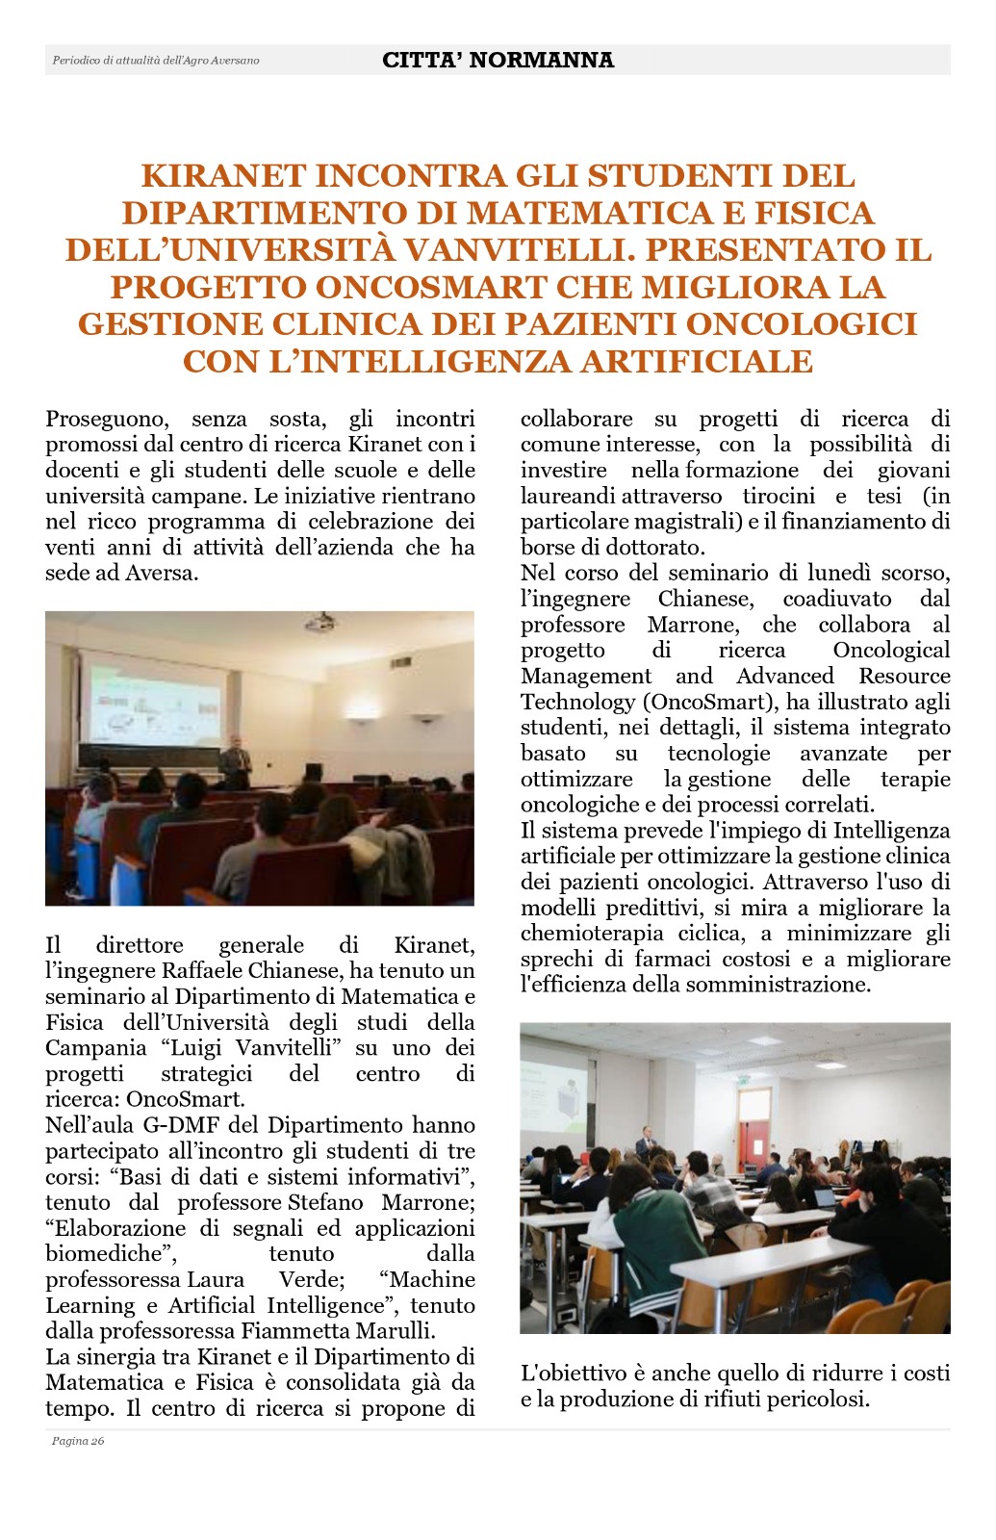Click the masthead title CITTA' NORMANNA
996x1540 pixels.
pyautogui.click(x=498, y=60)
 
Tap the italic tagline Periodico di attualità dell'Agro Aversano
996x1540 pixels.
pyautogui.click(x=156, y=61)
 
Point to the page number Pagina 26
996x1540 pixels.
pyautogui.click(x=78, y=1441)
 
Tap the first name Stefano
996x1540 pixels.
pyautogui.click(x=325, y=1202)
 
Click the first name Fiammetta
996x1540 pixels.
pyautogui.click(x=294, y=1331)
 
